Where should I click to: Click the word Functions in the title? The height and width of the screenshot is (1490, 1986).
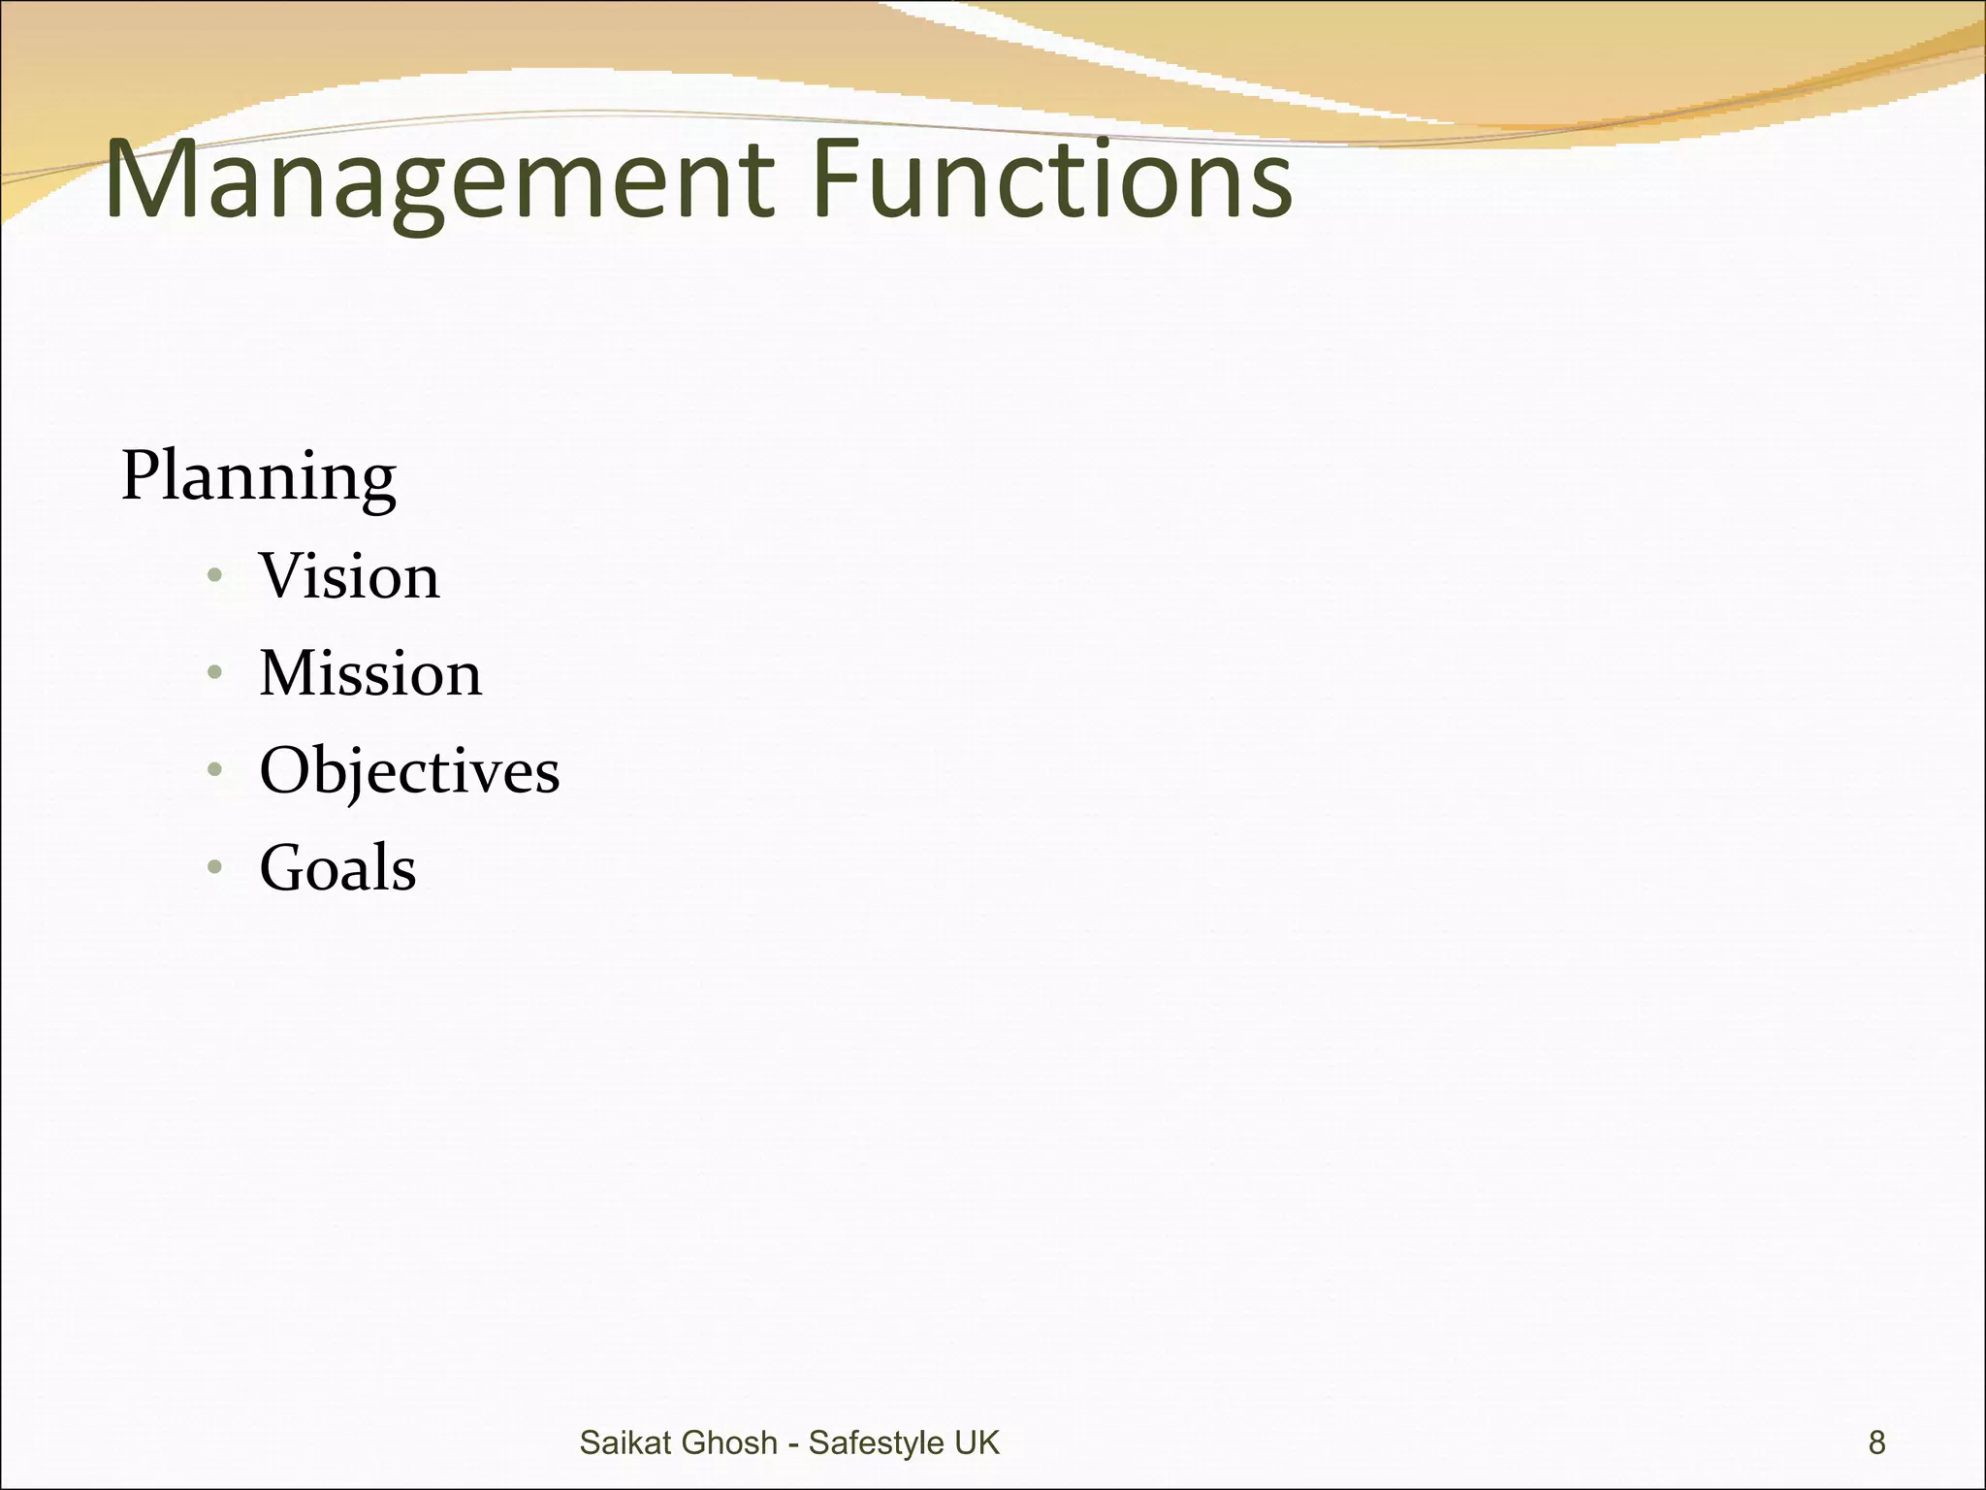point(1052,178)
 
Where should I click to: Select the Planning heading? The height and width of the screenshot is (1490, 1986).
point(258,476)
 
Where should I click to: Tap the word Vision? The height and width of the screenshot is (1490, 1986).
point(349,576)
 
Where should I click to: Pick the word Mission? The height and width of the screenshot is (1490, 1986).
point(370,673)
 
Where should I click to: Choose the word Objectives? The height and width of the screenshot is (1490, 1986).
point(409,771)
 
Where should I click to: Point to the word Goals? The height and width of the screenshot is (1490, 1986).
point(337,867)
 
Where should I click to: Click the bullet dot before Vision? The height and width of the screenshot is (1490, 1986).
point(215,576)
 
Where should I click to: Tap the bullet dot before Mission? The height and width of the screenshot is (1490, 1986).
point(215,672)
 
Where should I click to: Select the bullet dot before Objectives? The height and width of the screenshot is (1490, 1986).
point(215,770)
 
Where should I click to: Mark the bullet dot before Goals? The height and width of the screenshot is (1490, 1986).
point(215,866)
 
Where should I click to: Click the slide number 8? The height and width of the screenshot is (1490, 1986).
point(1876,1442)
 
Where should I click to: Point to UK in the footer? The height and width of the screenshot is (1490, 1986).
point(977,1442)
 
